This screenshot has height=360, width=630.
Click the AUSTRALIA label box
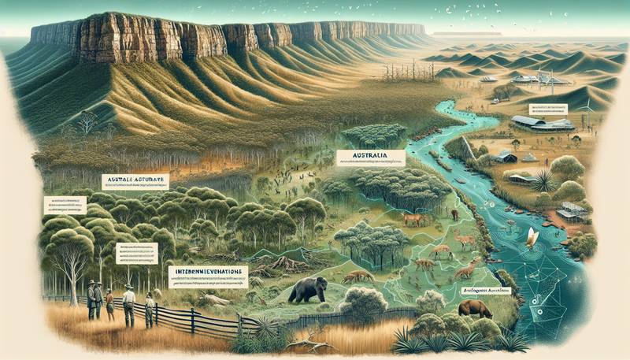pyautogui.click(x=369, y=158)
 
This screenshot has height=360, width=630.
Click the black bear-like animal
pyautogui.click(x=308, y=290)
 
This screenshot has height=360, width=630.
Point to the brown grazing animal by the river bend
pyautogui.click(x=475, y=308)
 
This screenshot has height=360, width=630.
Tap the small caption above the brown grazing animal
pyautogui.click(x=485, y=291)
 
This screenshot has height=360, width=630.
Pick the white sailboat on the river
pyautogui.click(x=532, y=237)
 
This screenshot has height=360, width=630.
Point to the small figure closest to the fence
pyautogui.click(x=149, y=310)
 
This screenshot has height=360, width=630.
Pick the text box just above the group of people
pyautogui.click(x=135, y=252)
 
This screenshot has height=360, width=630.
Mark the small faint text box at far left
pyautogui.click(x=65, y=206)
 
